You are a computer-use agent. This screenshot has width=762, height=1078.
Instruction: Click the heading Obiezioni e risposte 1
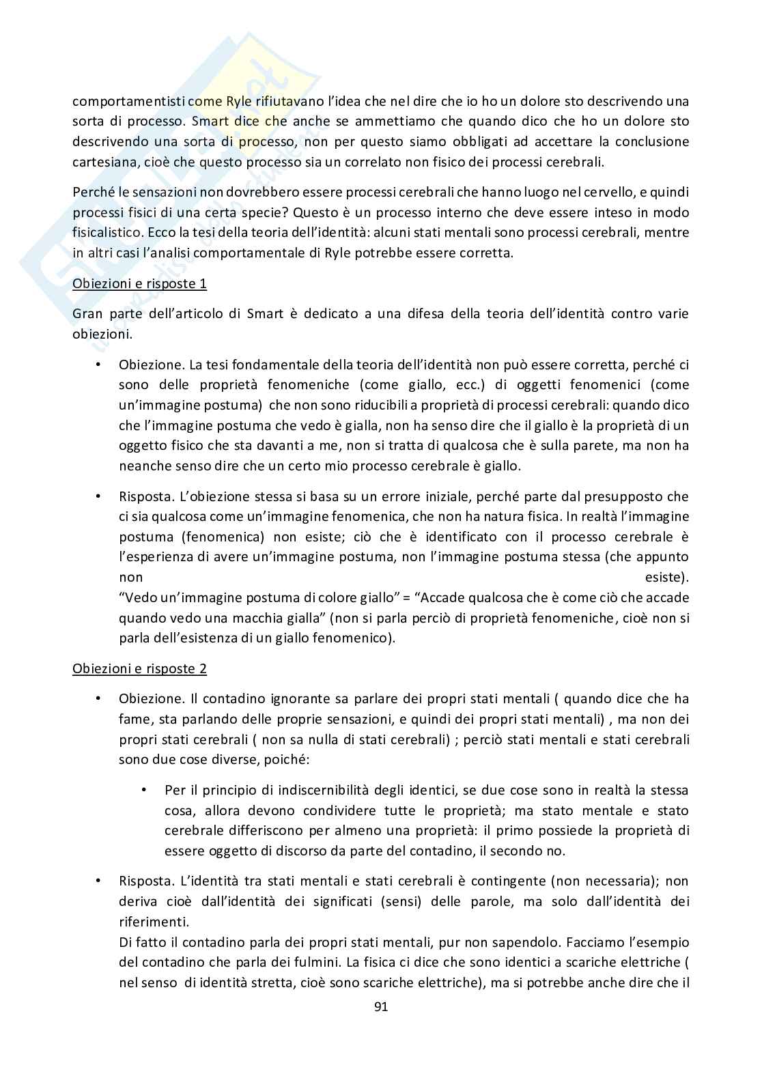click(139, 283)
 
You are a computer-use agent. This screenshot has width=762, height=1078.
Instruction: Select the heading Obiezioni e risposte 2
click(139, 668)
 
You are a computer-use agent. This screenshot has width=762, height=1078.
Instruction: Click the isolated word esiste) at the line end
click(666, 578)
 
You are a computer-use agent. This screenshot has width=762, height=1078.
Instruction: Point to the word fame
click(133, 719)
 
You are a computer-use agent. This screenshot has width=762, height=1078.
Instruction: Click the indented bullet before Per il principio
click(144, 790)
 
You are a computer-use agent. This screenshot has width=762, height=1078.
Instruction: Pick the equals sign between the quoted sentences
click(406, 598)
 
